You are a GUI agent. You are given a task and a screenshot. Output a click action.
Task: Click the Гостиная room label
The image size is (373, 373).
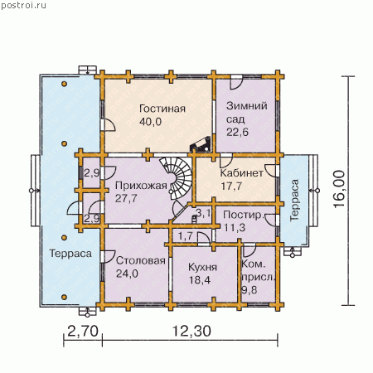coord(162,109)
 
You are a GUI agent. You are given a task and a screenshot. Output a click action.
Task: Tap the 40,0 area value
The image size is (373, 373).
coord(151,122)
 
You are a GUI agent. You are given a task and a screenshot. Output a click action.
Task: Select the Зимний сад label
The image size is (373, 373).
coord(246,113)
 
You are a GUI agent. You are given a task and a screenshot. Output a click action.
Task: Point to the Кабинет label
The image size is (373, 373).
coord(242,173)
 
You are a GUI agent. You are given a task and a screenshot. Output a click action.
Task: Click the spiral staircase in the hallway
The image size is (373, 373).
coord(177,177)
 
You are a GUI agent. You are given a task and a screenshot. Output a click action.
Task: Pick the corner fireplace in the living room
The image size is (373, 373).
coord(201,144)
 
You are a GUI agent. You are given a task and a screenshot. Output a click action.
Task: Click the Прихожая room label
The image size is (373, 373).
coord(141,186)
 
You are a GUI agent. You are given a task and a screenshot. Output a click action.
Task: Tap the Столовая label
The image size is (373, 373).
coord(141,260)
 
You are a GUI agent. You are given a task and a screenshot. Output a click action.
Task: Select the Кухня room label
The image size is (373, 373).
coord(202,267)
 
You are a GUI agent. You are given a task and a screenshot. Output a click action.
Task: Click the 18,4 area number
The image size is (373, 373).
coord(200,280)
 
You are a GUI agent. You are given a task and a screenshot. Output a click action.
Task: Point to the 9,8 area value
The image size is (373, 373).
coord(249,290)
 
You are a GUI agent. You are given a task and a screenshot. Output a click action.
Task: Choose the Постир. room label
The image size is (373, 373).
coord(243,215)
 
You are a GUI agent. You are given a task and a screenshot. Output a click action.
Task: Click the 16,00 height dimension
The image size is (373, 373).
coord(339,189)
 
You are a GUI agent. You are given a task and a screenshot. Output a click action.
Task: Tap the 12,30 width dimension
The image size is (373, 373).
coord(192,331)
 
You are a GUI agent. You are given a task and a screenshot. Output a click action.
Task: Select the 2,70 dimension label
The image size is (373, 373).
coord(83,331)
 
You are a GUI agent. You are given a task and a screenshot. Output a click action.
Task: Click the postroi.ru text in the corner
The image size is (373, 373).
coord(24,6)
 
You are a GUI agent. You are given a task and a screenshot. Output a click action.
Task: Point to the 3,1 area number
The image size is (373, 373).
coord(203,213)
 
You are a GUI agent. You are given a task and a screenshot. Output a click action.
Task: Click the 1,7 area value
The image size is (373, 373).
coord(186,236)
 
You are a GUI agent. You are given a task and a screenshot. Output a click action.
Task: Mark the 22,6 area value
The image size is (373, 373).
coord(237,132)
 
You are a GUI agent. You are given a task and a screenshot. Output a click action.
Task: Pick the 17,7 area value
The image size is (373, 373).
coord(231,186)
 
